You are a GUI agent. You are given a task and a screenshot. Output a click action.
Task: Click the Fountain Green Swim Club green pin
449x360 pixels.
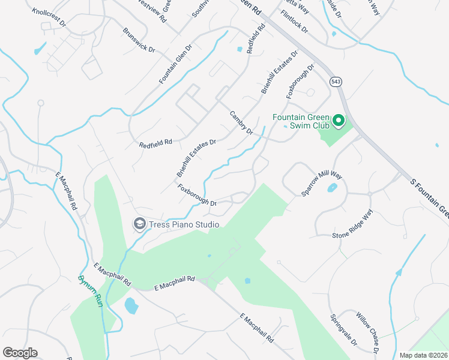338,121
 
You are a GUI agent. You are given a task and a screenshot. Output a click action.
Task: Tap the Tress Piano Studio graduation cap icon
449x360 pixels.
140,224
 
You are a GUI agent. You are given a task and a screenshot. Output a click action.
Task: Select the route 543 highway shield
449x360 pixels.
334,81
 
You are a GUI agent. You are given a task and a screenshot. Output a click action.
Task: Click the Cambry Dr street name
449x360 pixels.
242,122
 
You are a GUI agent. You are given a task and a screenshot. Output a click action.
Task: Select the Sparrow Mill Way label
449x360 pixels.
322,182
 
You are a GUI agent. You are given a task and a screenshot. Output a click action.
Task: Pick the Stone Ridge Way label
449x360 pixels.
353,224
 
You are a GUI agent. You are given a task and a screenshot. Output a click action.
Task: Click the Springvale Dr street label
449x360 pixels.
343,329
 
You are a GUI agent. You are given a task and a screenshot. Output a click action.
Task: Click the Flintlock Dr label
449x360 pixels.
293,25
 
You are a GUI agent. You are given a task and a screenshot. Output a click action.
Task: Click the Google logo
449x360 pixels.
20,353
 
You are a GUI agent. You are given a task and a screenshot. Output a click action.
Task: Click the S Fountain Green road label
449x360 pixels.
429,198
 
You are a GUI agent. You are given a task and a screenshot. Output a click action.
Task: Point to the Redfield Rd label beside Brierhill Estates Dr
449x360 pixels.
155,143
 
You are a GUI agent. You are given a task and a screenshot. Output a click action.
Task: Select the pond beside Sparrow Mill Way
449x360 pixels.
331,188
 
